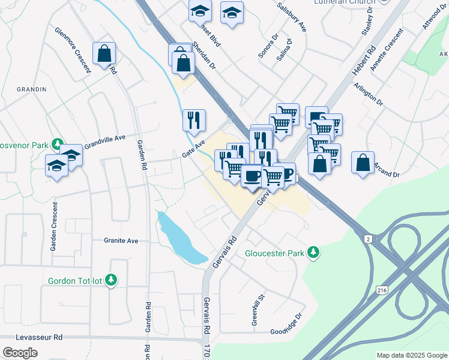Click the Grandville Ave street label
point(104,142)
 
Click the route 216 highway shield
point(382,290)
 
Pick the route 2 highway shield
point(368,239)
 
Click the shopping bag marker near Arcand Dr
point(363,162)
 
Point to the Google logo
point(20,353)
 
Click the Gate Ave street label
point(193,148)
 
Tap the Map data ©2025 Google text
point(411,355)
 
